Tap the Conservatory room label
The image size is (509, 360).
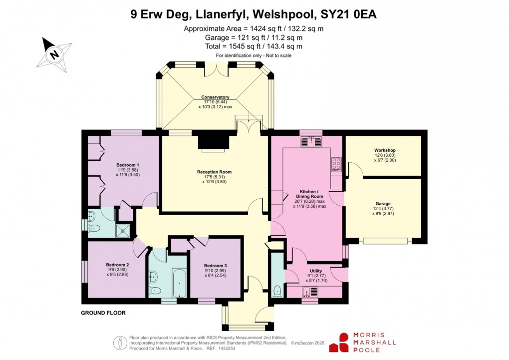click(215, 97)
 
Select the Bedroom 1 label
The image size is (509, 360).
click(128, 165)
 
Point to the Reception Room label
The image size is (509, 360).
click(214, 172)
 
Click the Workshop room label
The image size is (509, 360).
click(385, 150)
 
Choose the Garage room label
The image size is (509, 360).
click(383, 204)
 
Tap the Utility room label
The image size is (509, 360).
click(316, 271)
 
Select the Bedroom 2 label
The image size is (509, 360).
click(117, 265)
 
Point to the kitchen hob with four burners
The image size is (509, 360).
click(336, 163)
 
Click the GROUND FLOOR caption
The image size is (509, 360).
click(103, 313)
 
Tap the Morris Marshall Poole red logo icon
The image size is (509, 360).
click(344, 342)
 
